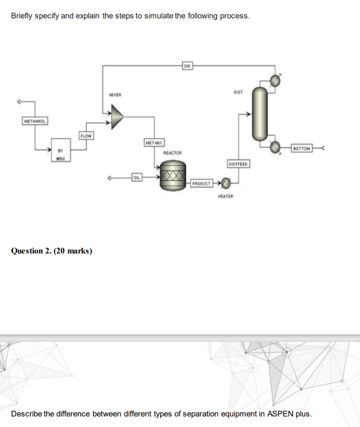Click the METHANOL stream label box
[35, 121]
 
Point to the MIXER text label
[115, 95]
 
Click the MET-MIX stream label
[153, 143]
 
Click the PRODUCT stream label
[201, 184]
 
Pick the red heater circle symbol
[227, 184]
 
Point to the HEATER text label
[225, 197]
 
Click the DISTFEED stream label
[238, 163]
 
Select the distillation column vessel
[260, 114]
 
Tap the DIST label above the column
[238, 92]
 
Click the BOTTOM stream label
[301, 148]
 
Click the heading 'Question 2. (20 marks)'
[52, 251]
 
